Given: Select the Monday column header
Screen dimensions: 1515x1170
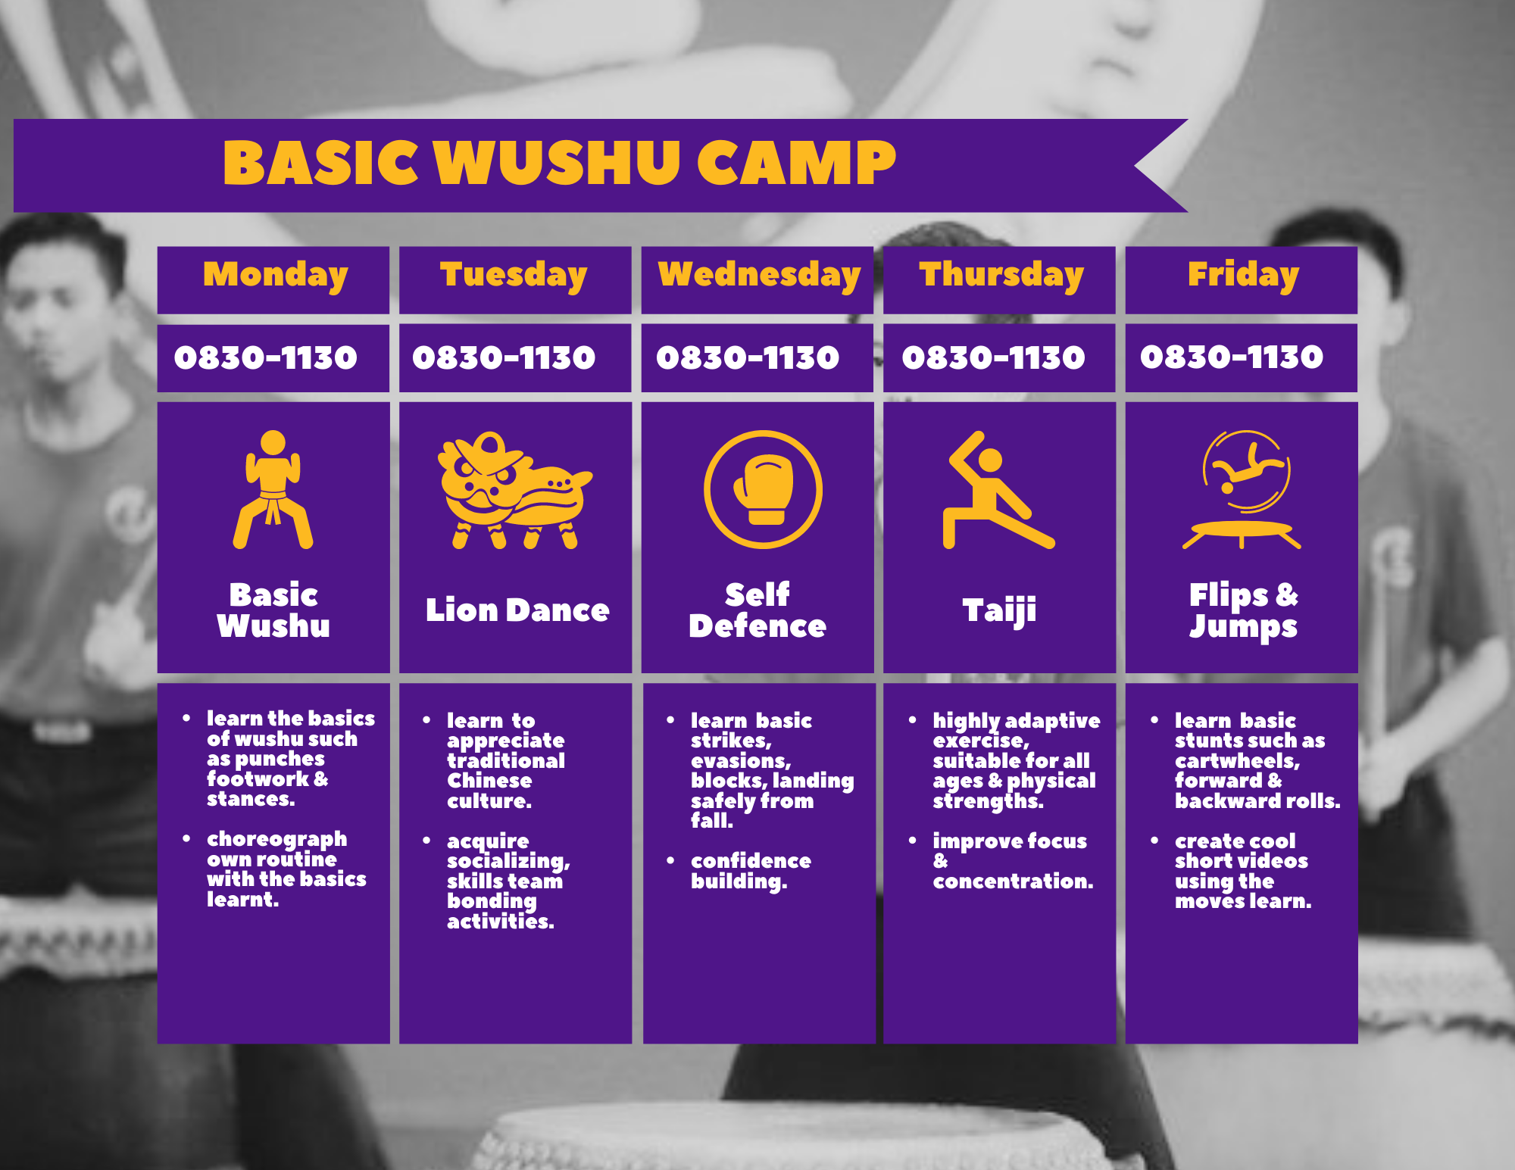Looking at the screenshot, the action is point(275,276).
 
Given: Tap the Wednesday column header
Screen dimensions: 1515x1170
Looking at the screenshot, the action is point(759,276).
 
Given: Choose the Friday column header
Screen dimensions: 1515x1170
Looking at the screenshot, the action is point(1243,276).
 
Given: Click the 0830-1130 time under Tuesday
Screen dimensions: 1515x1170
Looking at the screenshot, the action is point(504,357).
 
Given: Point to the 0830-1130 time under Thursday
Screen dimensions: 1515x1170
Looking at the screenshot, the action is point(993,357).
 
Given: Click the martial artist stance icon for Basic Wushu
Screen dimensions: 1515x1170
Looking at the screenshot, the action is point(273,489).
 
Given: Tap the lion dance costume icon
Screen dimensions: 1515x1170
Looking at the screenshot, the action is point(515,490).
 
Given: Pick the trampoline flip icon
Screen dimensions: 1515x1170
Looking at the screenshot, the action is point(1242,489).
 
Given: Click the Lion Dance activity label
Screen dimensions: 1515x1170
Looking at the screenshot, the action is point(517,610).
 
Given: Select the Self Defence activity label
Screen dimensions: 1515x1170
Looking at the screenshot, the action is point(757,610).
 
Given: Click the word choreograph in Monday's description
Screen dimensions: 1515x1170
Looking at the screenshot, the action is point(276,840).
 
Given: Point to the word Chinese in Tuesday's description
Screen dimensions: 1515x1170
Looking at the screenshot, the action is point(489,781).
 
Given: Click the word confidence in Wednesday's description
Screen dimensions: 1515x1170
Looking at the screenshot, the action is point(751,861).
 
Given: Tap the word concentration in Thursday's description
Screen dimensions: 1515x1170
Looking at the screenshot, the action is point(1013,881).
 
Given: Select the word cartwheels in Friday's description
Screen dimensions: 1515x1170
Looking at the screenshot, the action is point(1237,761).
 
